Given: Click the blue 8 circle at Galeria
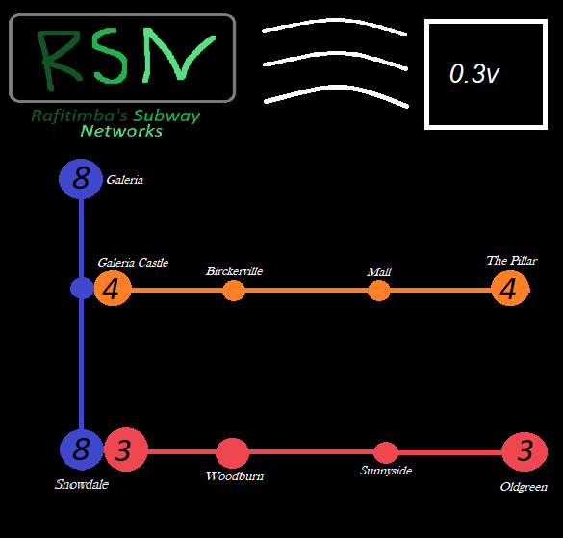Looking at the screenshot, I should (x=81, y=178).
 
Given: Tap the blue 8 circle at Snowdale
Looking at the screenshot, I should (x=82, y=449).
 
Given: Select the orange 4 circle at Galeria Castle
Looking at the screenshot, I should (x=113, y=289).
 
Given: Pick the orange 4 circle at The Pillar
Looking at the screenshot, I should (x=510, y=289).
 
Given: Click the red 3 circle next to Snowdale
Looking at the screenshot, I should (x=125, y=449).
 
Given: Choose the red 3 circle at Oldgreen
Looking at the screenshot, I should (x=525, y=450).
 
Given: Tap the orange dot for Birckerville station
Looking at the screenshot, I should (x=234, y=290).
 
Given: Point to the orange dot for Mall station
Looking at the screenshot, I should (x=379, y=290).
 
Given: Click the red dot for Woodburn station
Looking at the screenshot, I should (x=232, y=452).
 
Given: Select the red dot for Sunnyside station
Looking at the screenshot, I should (x=386, y=452).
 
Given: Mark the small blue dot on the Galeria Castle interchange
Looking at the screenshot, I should (x=82, y=288).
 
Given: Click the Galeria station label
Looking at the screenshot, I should (x=125, y=180).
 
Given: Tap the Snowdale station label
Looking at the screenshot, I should (x=82, y=485).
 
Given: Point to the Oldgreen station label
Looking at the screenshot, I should (x=524, y=487).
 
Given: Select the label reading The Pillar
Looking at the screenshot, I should (x=511, y=261).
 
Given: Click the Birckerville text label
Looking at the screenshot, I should (x=234, y=271).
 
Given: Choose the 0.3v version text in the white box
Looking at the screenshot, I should (x=473, y=74).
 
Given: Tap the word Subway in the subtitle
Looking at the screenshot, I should (x=166, y=116).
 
